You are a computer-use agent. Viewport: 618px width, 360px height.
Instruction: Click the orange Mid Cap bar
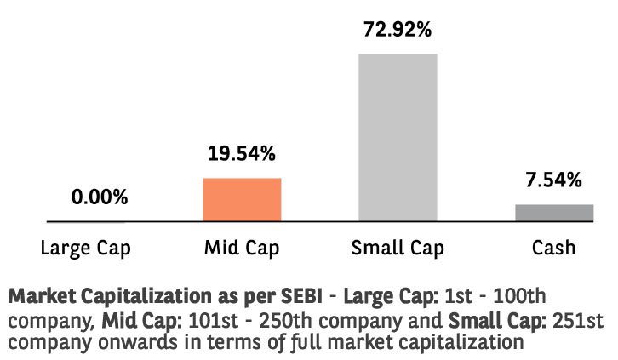[x=242, y=200]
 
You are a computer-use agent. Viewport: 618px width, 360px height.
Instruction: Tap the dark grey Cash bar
[x=554, y=213]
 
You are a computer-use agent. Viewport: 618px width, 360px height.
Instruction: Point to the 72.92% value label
[x=398, y=29]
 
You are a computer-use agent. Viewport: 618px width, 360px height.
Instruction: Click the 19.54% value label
[x=242, y=154]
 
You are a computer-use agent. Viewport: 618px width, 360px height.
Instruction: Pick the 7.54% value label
[x=554, y=180]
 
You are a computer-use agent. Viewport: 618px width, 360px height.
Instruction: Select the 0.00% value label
[x=100, y=197]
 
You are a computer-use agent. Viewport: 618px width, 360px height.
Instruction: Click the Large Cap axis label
[x=86, y=249]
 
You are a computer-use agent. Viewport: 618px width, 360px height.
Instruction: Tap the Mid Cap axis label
[x=242, y=249]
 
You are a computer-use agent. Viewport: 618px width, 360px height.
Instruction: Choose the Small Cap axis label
[x=398, y=249]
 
